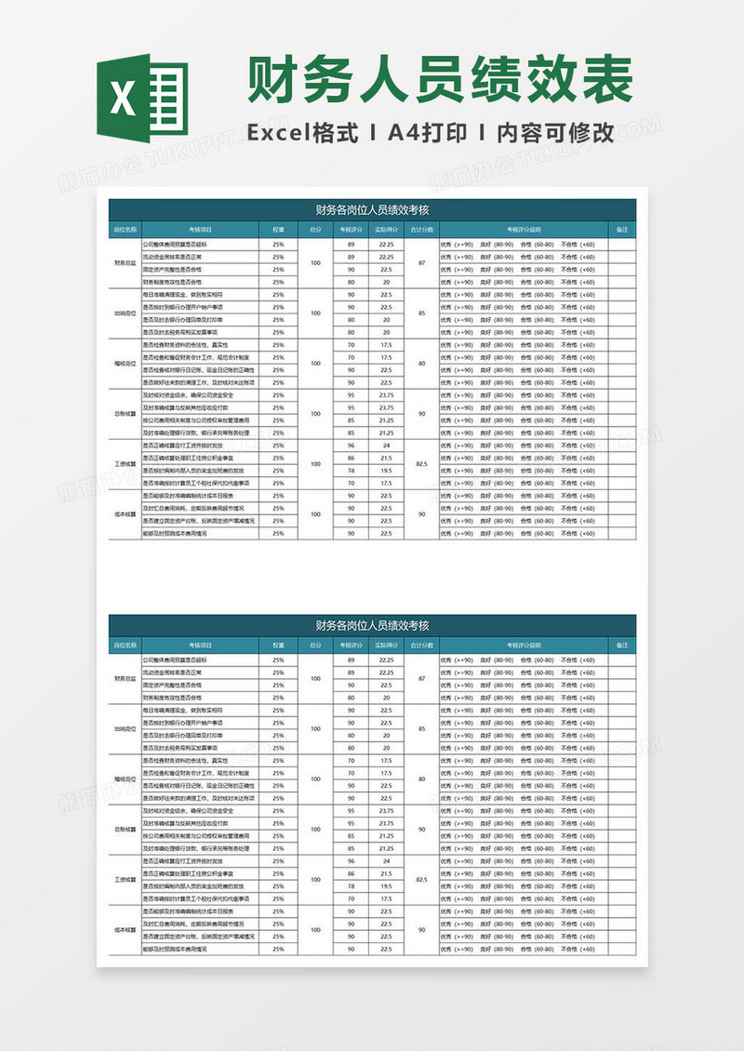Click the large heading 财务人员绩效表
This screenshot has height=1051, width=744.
tap(440, 81)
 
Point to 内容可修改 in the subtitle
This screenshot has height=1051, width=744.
tap(558, 133)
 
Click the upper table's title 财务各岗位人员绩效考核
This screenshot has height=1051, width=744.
tap(372, 209)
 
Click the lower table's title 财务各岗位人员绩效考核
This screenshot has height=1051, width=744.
tap(372, 625)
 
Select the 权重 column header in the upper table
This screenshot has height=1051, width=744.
tap(278, 228)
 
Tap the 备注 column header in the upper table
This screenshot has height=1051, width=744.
tap(621, 228)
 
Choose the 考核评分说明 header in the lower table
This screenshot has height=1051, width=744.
tap(524, 644)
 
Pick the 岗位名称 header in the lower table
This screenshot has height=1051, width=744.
tap(125, 644)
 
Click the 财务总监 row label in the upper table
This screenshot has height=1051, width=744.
tap(125, 263)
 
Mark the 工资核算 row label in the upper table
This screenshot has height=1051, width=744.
tap(125, 463)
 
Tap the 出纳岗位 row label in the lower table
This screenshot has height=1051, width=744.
tap(125, 729)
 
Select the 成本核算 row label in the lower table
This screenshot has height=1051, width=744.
tap(125, 929)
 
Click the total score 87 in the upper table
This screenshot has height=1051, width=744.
tap(421, 263)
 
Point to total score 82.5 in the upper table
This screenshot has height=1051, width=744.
tap(421, 463)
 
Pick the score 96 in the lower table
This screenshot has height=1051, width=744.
tap(351, 860)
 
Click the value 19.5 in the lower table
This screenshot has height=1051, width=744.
tap(386, 885)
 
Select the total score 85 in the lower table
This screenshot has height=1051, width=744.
tap(421, 729)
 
